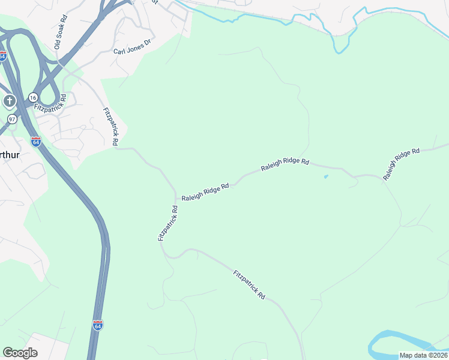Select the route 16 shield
coord(32,97)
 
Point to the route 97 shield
coord(13,119)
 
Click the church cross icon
coord(9,101)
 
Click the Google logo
coord(20,353)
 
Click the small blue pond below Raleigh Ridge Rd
coord(326,176)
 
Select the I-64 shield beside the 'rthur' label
coord(36,142)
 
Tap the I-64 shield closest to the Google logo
coord(98,325)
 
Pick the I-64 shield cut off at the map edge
coord(2,56)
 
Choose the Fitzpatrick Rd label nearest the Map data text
coord(249,285)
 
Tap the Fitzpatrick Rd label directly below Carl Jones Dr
coord(110,127)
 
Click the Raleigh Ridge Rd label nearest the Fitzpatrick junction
coord(205,191)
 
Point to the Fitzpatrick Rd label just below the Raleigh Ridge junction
coord(167,223)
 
